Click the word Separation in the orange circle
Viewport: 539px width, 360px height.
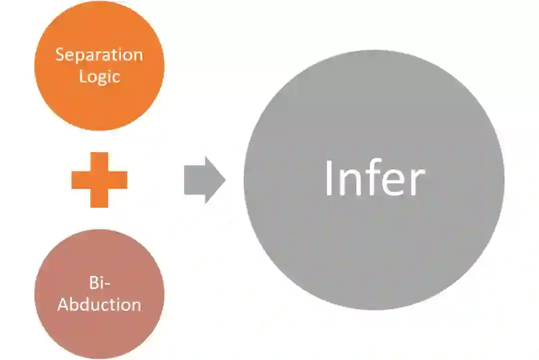point(99,54)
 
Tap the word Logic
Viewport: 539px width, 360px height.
point(99,76)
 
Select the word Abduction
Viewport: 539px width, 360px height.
point(99,304)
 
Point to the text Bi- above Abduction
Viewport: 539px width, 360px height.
point(99,283)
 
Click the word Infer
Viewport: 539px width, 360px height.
point(374,179)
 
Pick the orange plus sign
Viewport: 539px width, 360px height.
point(99,180)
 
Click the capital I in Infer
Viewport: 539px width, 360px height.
point(329,179)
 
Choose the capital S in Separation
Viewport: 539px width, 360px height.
point(60,54)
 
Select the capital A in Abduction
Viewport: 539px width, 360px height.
point(63,304)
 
